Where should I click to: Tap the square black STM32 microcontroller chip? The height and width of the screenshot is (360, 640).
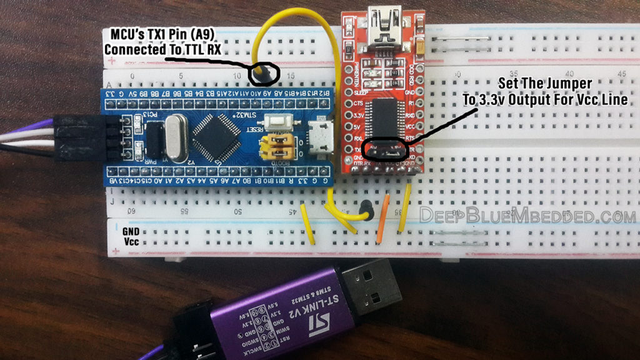pos(214,132)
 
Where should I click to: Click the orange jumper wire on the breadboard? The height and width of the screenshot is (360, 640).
pos(383,219)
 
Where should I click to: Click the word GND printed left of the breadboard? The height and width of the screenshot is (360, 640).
pos(132,231)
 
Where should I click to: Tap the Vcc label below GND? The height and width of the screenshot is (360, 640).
pos(131,241)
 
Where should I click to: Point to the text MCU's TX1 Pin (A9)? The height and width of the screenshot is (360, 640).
pos(164,35)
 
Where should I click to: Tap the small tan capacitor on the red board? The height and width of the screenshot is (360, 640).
pos(422,45)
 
